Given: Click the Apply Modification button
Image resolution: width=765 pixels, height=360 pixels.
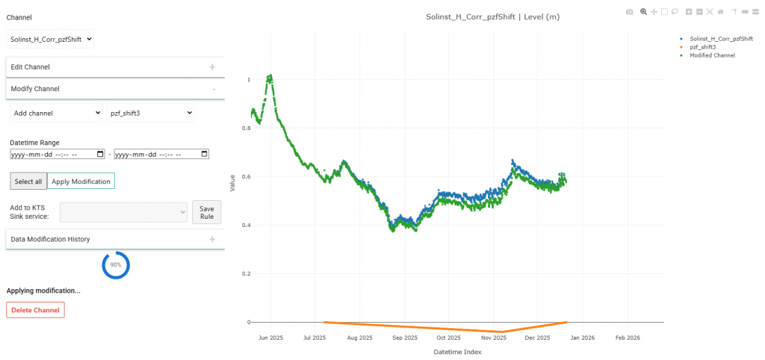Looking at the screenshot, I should pos(81,181).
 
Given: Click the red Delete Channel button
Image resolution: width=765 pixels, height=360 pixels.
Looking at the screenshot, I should pos(35,310).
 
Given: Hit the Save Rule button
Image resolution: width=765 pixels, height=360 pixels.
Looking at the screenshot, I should pos(207,212).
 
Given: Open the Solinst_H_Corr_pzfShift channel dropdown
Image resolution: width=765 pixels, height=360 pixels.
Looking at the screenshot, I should pos(50,39).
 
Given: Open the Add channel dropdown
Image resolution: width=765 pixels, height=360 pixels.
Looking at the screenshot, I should pos(56,113).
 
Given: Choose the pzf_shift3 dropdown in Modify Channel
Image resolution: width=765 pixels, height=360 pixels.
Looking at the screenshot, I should pos(150,113).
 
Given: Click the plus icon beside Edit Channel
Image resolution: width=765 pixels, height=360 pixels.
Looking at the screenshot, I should pos(212,67).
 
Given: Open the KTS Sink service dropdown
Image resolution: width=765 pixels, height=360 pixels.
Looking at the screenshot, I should pos(123,213).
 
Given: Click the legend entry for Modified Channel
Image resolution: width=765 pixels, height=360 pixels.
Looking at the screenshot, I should pos(712,55).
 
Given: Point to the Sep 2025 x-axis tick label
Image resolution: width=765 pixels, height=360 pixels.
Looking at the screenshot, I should pos(405,338).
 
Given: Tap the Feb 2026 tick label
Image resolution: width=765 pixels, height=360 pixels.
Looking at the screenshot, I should pos(628,338).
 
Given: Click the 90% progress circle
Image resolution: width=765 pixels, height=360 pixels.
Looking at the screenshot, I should pos(116,265).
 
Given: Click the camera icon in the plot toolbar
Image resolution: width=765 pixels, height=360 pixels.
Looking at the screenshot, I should pos(629,12).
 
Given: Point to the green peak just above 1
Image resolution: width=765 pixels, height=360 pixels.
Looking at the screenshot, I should pos(270,75).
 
